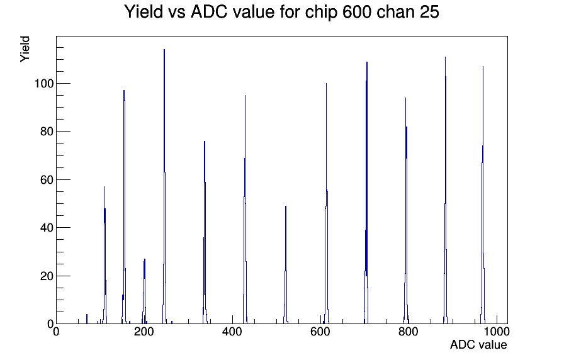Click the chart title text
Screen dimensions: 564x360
(281, 12)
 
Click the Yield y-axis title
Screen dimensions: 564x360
(25, 49)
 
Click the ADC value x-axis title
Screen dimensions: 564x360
(478, 344)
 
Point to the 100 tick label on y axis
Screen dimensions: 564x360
(44, 84)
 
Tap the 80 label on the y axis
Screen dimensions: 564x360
(47, 132)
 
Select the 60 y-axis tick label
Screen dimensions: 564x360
(47, 180)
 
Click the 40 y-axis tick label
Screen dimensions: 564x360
(47, 228)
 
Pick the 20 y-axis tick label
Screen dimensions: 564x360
(47, 276)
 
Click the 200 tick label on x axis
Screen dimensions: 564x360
(144, 331)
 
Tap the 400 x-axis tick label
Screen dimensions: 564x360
(232, 331)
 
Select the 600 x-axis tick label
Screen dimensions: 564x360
(320, 331)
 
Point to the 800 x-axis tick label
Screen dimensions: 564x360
(409, 331)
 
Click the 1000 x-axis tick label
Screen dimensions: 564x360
(497, 331)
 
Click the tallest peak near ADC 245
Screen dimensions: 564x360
(164, 186)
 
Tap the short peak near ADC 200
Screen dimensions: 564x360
(145, 291)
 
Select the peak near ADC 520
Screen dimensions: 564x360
(286, 265)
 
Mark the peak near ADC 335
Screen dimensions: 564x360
(205, 232)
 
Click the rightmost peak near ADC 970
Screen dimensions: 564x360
(483, 195)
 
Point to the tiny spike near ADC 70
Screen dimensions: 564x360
(87, 319)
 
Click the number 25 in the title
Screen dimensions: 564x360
(429, 12)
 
